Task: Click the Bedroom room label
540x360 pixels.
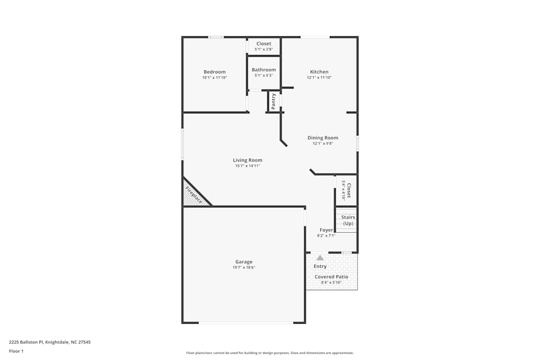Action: (214, 72)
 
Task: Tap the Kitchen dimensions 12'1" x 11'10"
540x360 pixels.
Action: (319, 78)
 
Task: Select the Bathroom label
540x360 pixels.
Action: (264, 70)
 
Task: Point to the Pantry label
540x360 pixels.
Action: (274, 101)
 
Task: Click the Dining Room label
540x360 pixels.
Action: (323, 138)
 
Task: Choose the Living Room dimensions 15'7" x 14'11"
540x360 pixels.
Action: (247, 166)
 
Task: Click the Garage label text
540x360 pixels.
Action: (244, 262)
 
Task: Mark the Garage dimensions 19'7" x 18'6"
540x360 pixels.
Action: (244, 268)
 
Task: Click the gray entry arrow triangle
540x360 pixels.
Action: (320, 257)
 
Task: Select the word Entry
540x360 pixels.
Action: (320, 266)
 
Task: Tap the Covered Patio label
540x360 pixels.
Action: (332, 277)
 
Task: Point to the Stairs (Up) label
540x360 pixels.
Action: (348, 220)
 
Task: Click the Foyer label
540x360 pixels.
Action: (326, 230)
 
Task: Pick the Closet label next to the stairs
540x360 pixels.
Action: (349, 191)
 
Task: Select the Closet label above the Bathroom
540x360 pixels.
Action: (264, 44)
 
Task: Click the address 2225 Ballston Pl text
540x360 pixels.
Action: (50, 342)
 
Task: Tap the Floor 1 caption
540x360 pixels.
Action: (16, 351)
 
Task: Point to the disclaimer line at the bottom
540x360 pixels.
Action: (269, 353)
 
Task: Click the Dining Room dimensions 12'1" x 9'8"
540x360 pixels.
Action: (323, 144)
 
